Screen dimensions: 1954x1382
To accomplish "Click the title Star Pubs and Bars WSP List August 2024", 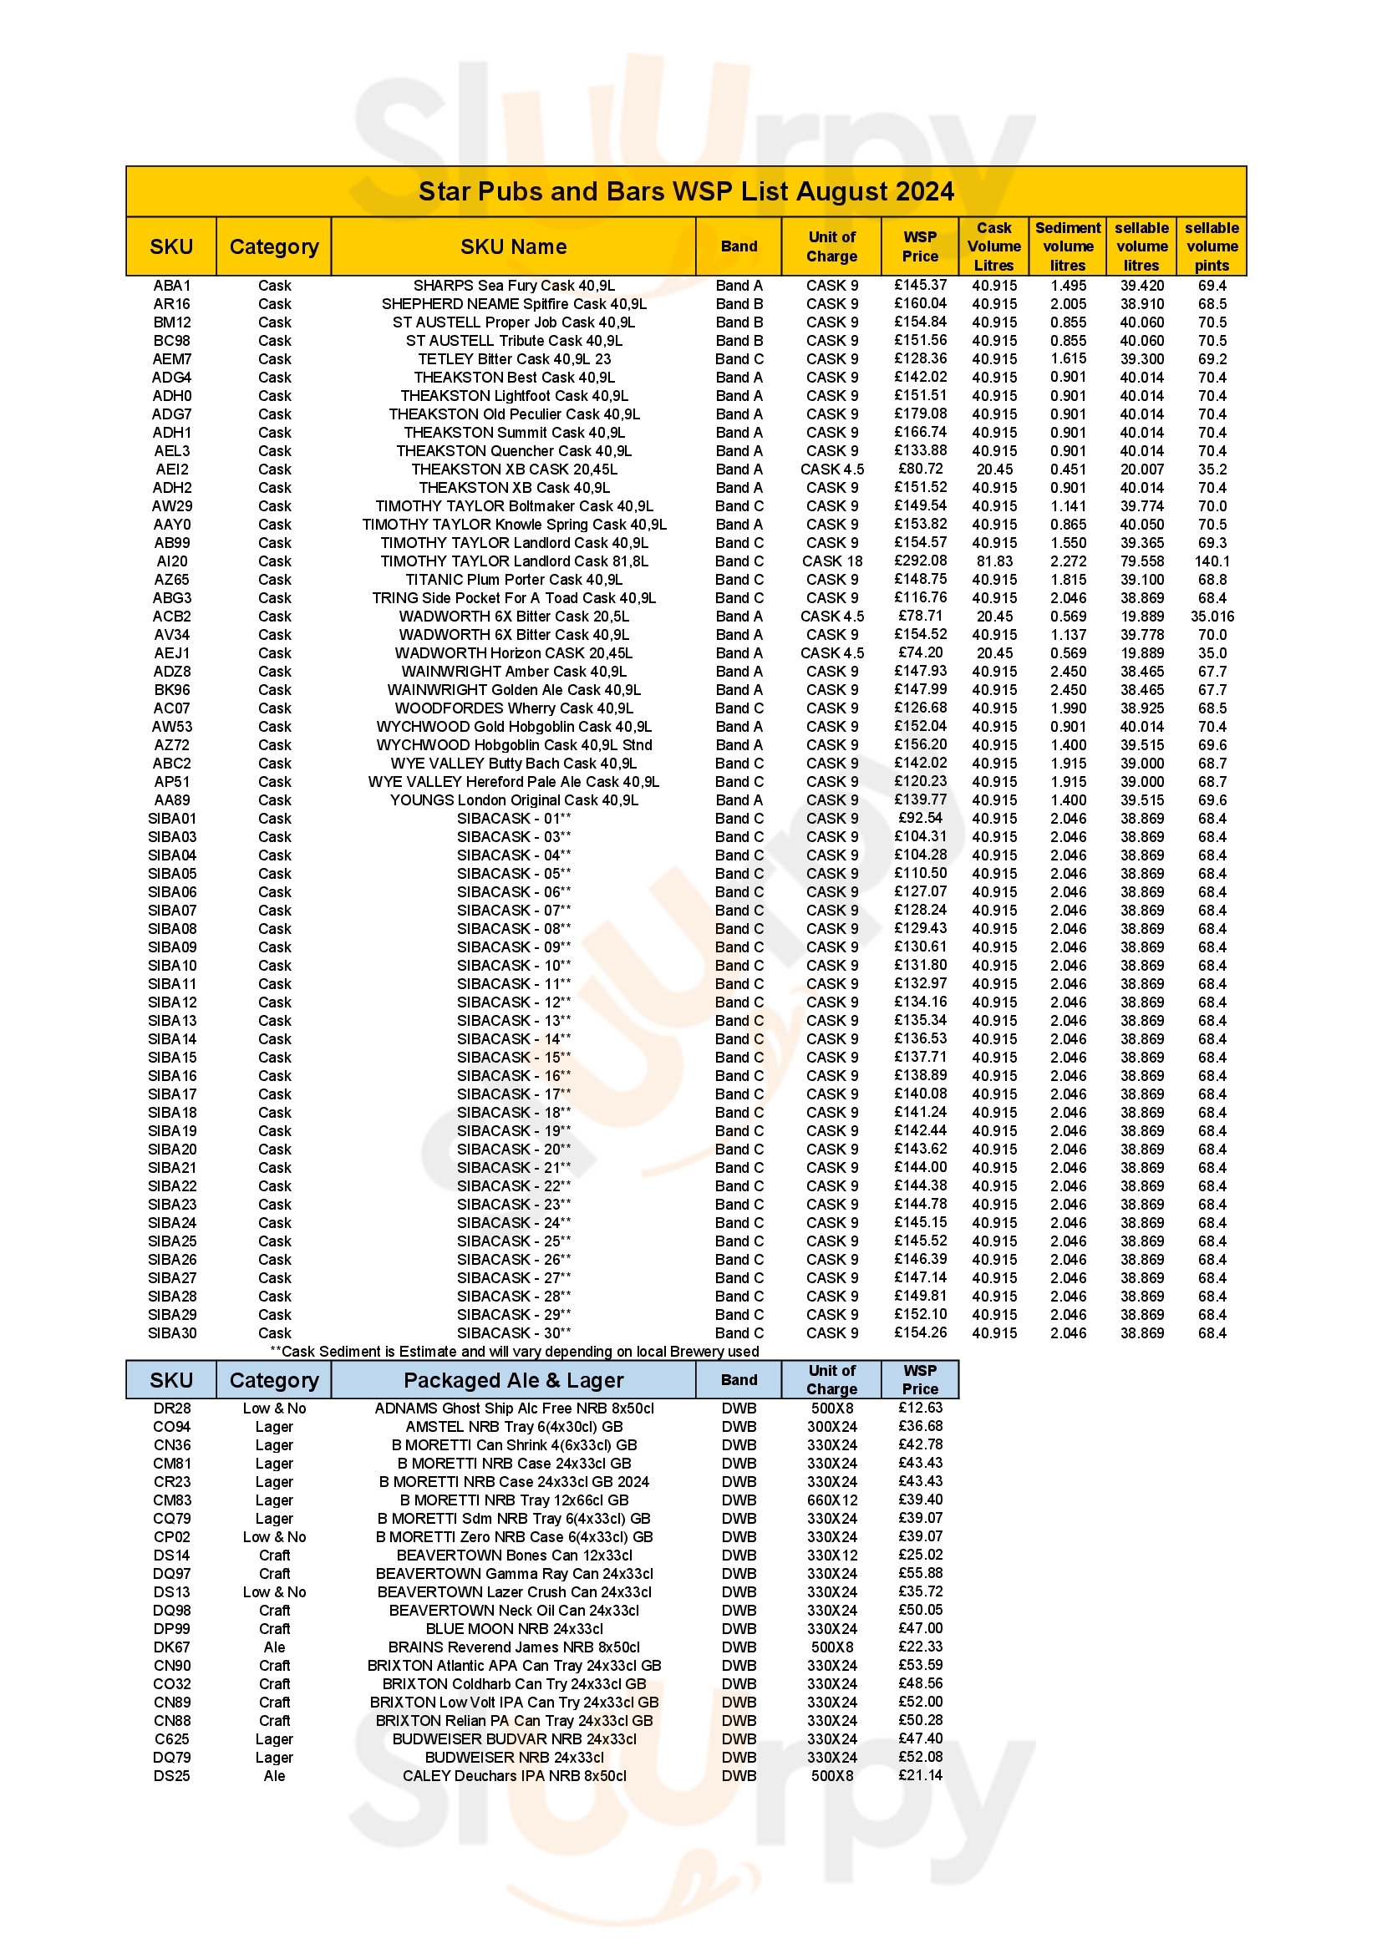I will (686, 191).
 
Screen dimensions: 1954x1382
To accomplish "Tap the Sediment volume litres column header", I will (1067, 246).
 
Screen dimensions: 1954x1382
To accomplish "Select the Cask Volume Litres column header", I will (994, 246).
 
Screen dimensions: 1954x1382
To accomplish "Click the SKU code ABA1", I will (172, 286).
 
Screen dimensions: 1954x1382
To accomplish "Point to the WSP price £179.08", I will (920, 414).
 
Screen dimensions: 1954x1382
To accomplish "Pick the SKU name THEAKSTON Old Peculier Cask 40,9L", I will (514, 414).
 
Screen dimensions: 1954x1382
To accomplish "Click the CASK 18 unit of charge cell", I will (831, 561).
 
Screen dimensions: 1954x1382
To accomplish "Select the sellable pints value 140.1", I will (1212, 561).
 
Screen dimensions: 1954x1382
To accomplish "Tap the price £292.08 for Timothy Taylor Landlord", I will (920, 561).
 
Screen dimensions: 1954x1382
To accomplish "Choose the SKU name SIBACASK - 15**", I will (514, 1057).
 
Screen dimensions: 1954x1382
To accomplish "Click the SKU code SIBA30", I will (172, 1332).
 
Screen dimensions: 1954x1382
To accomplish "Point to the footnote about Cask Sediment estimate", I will (514, 1352).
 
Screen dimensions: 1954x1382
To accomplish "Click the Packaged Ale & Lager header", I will (513, 1380).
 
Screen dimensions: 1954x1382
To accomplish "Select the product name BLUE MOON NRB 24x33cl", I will (514, 1628).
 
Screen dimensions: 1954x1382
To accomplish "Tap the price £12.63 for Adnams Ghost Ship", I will (920, 1408).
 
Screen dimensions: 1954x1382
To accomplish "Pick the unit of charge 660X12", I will (831, 1500).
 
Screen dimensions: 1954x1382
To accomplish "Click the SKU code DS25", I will (172, 1775).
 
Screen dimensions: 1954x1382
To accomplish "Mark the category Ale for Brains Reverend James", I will (274, 1647).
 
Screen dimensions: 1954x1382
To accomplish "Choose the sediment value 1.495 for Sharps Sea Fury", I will (1067, 286).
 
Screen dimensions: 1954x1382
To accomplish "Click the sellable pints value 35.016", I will (1212, 617).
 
